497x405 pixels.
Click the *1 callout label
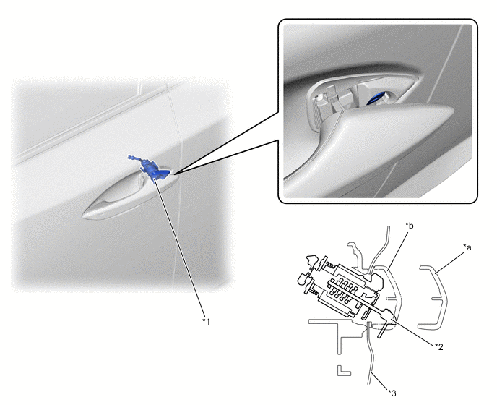[207, 322]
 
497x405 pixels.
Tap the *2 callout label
[438, 346]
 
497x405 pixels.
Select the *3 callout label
[392, 393]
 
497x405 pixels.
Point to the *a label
[467, 247]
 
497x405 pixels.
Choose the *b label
[410, 226]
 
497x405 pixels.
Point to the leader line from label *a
[449, 262]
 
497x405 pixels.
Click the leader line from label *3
[380, 382]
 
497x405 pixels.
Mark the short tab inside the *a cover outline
[438, 299]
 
